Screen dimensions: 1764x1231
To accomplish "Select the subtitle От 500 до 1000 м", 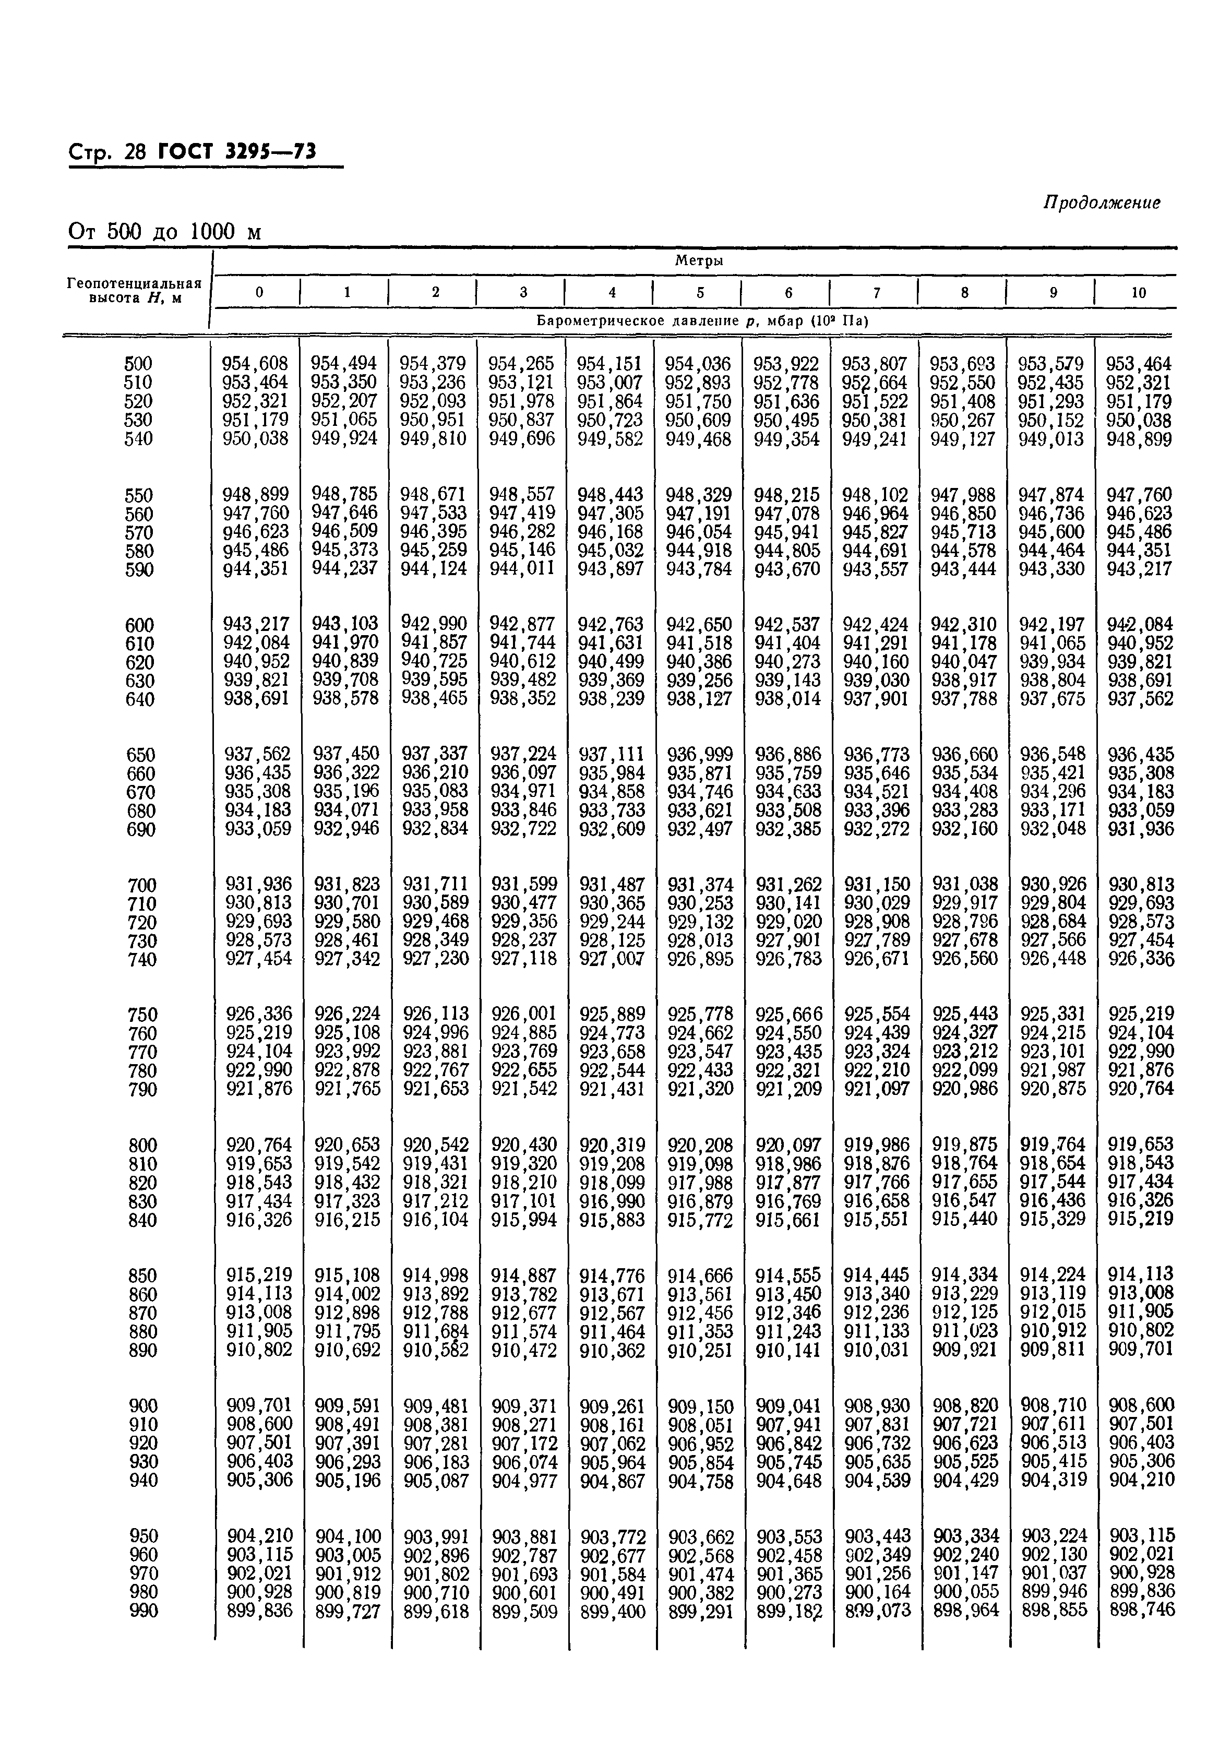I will [164, 231].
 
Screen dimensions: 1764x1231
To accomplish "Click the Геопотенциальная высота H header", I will [135, 290].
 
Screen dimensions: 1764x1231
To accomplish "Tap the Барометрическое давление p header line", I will [701, 321].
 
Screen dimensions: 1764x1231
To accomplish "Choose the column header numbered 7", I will [876, 292].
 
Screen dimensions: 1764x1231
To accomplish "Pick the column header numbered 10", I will [1138, 292].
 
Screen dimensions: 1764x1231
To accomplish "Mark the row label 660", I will [140, 773].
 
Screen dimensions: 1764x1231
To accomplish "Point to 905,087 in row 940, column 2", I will [436, 1481].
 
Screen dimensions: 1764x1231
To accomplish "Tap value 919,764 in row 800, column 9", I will [1053, 1145].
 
